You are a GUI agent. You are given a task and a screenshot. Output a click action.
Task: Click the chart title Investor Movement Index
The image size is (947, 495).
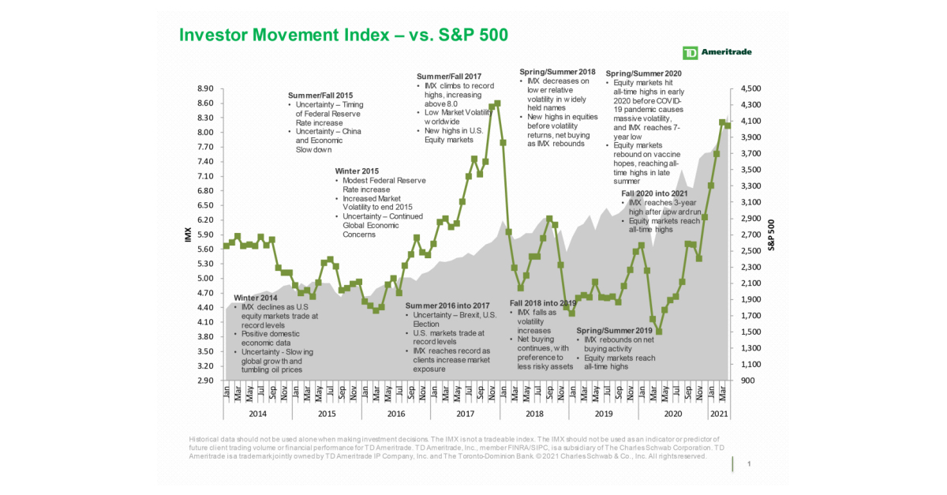point(343,35)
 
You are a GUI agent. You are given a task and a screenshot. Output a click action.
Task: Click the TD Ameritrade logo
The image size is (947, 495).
point(717,53)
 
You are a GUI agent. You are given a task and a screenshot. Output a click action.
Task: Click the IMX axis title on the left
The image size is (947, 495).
point(189,234)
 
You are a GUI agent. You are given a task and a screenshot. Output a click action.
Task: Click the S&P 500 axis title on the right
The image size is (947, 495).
point(773,234)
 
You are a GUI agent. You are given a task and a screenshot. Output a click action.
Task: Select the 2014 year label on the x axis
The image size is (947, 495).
point(257,413)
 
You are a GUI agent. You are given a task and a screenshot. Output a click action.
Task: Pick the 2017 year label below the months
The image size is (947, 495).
point(465,413)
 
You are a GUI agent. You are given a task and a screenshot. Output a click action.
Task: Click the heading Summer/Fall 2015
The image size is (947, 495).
point(321,96)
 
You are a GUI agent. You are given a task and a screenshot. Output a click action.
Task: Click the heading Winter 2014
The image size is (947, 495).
point(256,298)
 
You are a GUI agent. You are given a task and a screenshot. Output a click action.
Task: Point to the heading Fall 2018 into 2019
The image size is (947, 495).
point(545,303)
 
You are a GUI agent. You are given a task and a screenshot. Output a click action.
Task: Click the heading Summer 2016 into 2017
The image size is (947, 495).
point(447,306)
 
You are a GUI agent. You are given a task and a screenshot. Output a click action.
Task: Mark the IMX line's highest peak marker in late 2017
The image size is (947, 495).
point(497,103)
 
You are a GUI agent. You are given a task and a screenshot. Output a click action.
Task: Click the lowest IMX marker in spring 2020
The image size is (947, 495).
point(658,332)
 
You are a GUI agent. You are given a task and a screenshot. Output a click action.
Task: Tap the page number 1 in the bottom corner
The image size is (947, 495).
point(748,464)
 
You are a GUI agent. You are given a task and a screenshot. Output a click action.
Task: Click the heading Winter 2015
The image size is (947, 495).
point(357,171)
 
